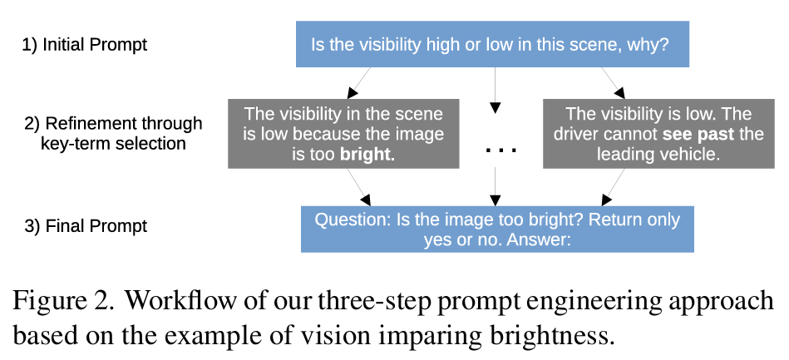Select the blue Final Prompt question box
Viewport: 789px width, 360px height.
[x=496, y=229]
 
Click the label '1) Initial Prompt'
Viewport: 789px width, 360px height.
[x=84, y=45]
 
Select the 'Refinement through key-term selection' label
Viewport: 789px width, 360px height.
[x=113, y=133]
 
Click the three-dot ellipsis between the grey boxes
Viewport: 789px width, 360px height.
[x=501, y=150]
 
